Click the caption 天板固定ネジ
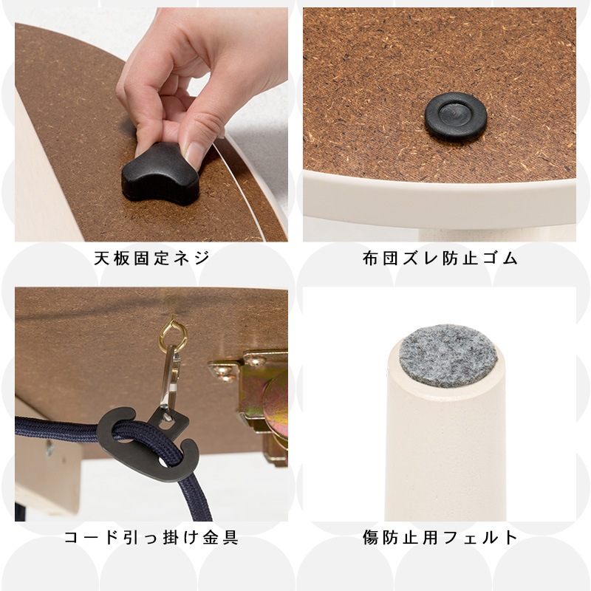(x=152, y=259)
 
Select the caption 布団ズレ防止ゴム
(x=440, y=259)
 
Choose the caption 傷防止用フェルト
(x=440, y=537)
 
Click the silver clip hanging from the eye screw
(x=171, y=377)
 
